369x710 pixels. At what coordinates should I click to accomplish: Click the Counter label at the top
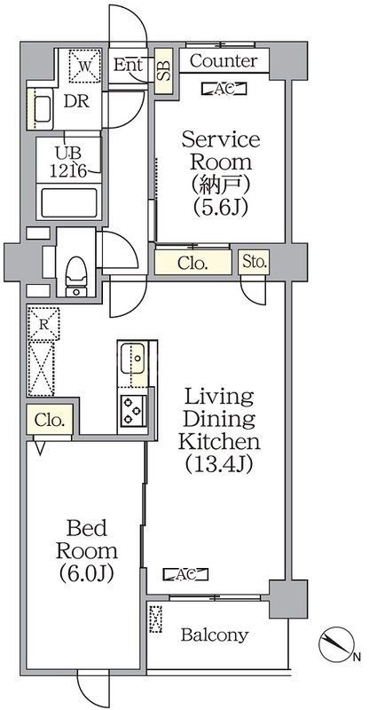(224, 61)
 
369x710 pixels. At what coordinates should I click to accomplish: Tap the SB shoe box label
(163, 70)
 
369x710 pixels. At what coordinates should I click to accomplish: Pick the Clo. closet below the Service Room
(192, 263)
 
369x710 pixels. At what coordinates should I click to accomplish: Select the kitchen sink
(132, 362)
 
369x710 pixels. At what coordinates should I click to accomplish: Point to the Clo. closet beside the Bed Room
(51, 422)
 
